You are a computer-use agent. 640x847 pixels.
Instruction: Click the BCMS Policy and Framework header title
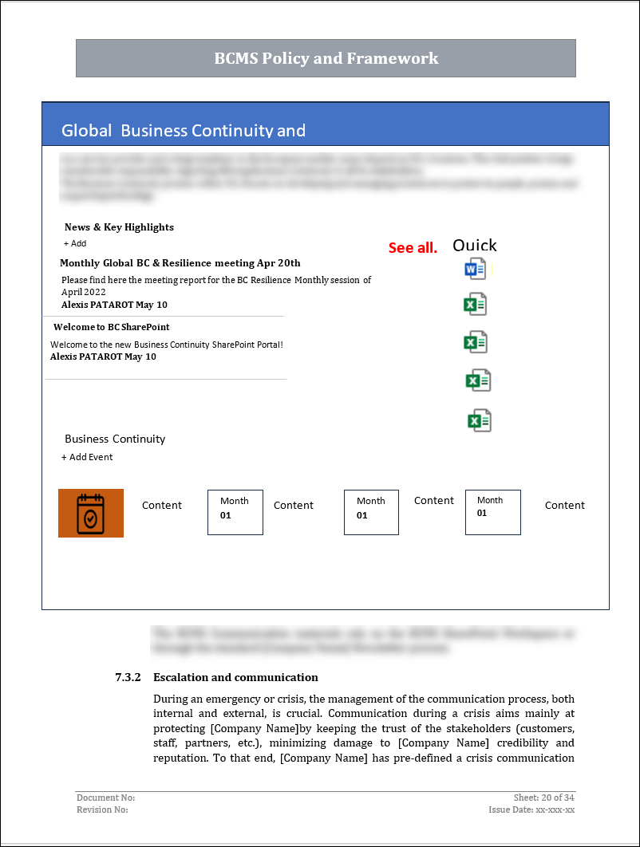pyautogui.click(x=326, y=58)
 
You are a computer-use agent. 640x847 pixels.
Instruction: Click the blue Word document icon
pyautogui.click(x=475, y=269)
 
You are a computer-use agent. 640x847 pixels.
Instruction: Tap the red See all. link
pyautogui.click(x=413, y=248)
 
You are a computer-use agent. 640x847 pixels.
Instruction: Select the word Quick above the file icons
pyautogui.click(x=474, y=246)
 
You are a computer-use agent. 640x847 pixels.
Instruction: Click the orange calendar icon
pyautogui.click(x=91, y=513)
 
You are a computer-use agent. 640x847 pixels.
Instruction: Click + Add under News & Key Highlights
pyautogui.click(x=75, y=243)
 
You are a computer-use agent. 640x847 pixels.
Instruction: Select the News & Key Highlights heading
pyautogui.click(x=119, y=227)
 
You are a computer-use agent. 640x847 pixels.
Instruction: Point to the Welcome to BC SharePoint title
pyautogui.click(x=111, y=327)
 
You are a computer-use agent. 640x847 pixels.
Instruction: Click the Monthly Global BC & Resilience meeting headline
pyautogui.click(x=180, y=263)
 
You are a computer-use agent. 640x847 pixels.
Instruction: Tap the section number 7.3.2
pyautogui.click(x=128, y=677)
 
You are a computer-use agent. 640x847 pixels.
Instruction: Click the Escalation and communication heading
pyautogui.click(x=235, y=677)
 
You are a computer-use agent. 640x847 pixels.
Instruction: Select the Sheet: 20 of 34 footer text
pyautogui.click(x=544, y=798)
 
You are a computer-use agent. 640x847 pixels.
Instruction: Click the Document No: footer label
pyautogui.click(x=105, y=798)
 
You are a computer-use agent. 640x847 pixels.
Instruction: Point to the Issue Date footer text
pyautogui.click(x=531, y=810)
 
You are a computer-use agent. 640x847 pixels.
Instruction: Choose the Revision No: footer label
pyautogui.click(x=102, y=810)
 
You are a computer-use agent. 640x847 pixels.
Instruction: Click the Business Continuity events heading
pyautogui.click(x=115, y=439)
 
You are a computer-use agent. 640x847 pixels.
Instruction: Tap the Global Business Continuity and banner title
pyautogui.click(x=184, y=131)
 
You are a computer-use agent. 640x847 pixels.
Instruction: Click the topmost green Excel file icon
pyautogui.click(x=476, y=304)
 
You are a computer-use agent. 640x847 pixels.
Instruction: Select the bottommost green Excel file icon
pyautogui.click(x=479, y=420)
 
